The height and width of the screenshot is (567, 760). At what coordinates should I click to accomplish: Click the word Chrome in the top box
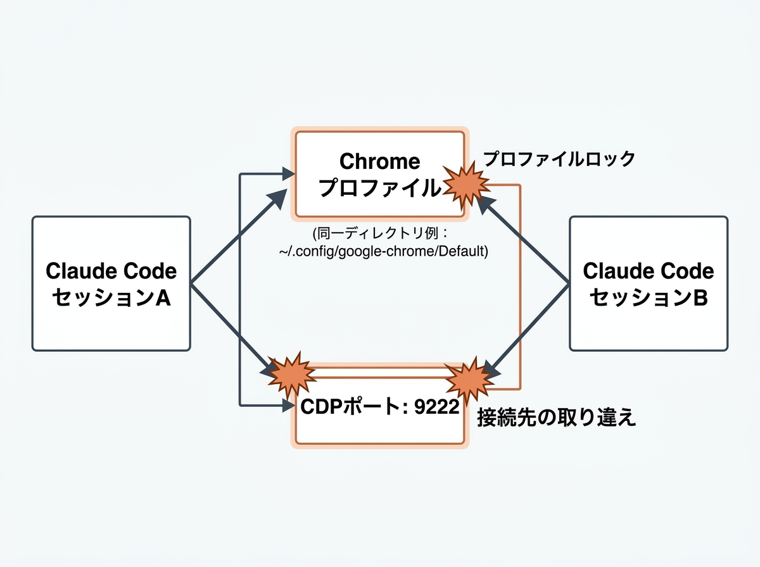(379, 161)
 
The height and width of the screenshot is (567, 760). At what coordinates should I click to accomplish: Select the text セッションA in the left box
(111, 297)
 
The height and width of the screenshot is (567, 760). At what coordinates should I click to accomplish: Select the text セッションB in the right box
(648, 297)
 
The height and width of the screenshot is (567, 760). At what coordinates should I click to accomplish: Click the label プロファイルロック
(559, 159)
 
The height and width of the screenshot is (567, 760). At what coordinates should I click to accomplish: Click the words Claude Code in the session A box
(111, 271)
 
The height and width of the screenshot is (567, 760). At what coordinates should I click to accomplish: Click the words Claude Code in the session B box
(648, 271)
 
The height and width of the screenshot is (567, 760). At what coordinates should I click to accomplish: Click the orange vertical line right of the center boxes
(520, 285)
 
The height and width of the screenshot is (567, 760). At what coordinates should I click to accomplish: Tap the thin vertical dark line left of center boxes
(240, 285)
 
